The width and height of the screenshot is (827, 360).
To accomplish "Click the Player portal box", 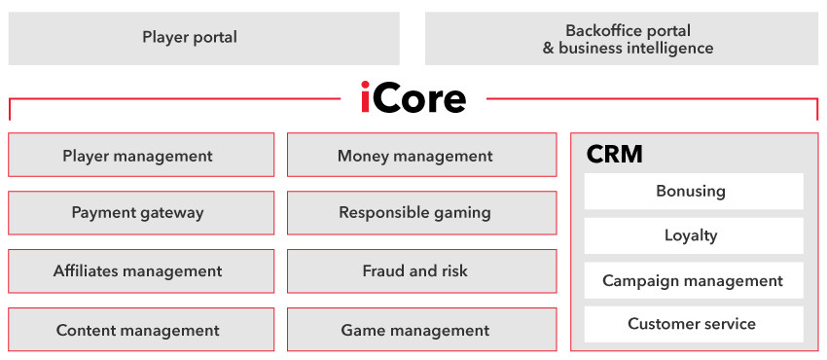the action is click(x=204, y=39).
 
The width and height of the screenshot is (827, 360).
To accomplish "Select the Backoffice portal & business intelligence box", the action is click(x=622, y=39).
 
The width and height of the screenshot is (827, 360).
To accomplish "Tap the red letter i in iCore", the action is click(x=365, y=97).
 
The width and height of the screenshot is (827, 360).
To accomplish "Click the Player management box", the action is click(x=141, y=155).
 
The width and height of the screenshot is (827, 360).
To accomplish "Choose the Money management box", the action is click(x=422, y=155).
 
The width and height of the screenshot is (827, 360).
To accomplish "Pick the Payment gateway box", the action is click(x=141, y=213).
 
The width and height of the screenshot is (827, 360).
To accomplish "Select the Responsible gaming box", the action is click(x=422, y=213).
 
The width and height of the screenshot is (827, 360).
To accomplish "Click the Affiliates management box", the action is click(x=141, y=271).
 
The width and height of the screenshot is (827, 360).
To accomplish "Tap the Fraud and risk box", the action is click(x=422, y=271).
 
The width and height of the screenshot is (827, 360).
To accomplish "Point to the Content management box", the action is click(x=141, y=330).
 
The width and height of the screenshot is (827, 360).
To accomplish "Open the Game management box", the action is click(x=422, y=330).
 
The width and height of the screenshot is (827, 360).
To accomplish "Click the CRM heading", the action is click(x=615, y=155).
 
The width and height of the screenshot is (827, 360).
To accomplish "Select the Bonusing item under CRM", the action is click(x=694, y=191).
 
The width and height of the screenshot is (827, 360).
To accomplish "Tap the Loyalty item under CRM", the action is click(x=694, y=235).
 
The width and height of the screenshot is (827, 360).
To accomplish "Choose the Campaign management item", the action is click(x=694, y=280).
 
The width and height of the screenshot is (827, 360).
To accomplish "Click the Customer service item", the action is click(x=694, y=324).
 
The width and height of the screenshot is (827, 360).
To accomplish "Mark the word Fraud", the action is click(x=380, y=270).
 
